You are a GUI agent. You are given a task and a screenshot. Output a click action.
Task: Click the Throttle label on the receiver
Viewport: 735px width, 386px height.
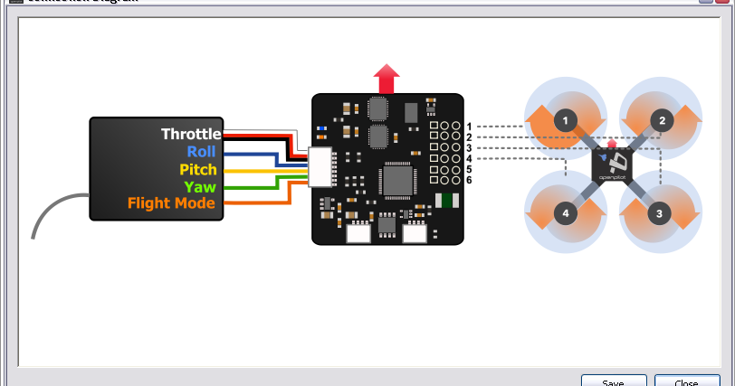(x=191, y=134)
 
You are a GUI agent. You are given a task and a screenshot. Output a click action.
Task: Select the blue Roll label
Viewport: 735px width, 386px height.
(x=201, y=152)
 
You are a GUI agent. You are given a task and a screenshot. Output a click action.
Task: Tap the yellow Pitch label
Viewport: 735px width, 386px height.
(x=198, y=169)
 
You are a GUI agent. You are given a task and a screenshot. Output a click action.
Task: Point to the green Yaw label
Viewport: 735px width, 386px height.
(x=200, y=186)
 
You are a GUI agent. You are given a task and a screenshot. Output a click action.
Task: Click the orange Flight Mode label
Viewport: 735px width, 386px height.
(x=171, y=203)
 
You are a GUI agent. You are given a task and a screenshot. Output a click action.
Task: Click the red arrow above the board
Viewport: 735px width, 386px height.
(x=387, y=78)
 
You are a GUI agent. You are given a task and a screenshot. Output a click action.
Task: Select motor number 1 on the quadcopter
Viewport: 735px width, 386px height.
(x=566, y=120)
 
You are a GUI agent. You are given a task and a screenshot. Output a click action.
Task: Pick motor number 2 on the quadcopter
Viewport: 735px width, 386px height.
(x=662, y=120)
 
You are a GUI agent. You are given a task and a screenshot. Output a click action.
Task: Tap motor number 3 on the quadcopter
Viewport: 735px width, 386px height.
(x=659, y=213)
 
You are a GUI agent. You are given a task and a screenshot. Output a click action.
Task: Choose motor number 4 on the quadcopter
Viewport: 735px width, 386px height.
(x=566, y=213)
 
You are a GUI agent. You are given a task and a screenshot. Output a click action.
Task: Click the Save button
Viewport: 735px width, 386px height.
(x=614, y=381)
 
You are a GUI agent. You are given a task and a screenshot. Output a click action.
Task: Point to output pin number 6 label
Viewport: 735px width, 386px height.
(x=469, y=181)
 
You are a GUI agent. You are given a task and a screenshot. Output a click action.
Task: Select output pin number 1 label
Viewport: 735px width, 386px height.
(x=469, y=126)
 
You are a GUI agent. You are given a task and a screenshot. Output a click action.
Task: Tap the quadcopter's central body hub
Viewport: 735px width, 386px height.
(x=613, y=166)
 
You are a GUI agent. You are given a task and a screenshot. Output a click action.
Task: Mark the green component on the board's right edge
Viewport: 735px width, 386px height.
(x=444, y=201)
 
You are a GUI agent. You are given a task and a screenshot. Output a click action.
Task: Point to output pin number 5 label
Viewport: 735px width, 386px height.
(x=469, y=170)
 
